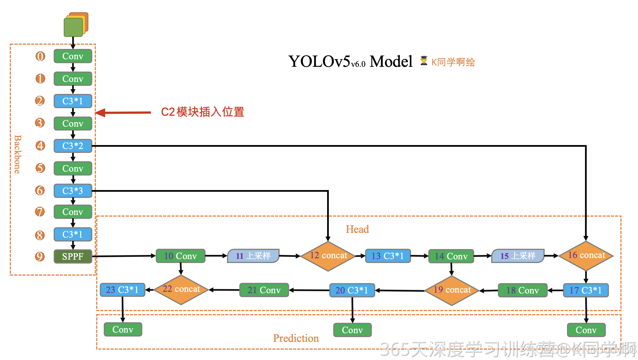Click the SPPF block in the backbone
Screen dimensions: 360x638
pos(73,256)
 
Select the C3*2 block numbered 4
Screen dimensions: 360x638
pos(73,146)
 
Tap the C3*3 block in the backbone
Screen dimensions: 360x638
pos(73,191)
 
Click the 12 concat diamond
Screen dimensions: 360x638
pos(328,256)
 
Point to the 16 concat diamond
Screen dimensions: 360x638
pos(586,255)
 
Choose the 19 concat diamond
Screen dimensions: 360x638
pos(452,290)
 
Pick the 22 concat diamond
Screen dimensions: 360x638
pos(181,289)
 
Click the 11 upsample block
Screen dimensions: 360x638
pos(253,256)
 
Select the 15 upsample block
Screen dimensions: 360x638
pos(518,256)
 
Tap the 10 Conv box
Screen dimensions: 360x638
pos(180,256)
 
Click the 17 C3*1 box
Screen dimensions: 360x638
pos(585,290)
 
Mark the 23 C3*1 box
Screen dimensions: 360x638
pos(122,290)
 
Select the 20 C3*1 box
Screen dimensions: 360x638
pos(352,290)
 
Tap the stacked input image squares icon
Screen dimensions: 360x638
pos(75,25)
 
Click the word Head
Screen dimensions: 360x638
pos(357,229)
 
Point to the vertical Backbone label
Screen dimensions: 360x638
pos(17,154)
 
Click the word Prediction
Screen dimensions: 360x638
pos(296,338)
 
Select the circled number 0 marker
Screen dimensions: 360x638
pos(40,56)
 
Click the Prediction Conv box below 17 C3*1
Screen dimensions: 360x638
pos(586,330)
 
